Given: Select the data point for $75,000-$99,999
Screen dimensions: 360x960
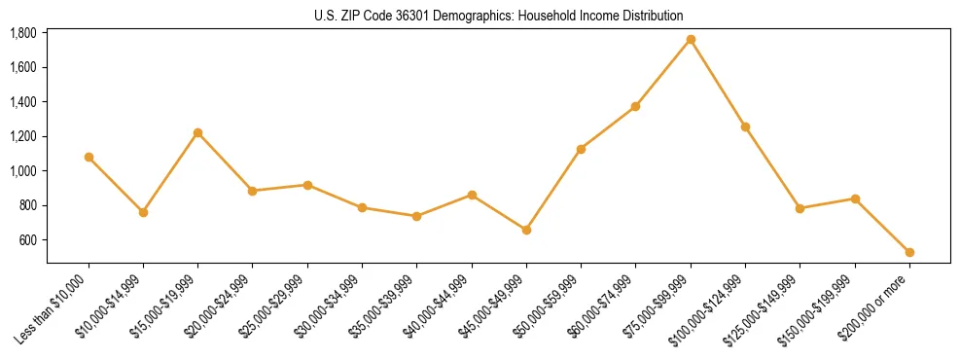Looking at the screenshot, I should click(x=691, y=40).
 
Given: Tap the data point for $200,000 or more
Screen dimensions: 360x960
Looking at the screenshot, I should click(x=909, y=252).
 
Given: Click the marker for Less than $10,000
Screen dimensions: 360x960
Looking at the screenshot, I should click(x=89, y=157).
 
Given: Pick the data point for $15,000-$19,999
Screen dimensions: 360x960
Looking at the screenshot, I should click(x=198, y=132).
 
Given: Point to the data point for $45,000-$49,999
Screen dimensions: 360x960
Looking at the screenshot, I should click(x=526, y=230).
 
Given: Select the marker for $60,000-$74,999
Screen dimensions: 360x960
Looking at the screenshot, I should click(x=635, y=106).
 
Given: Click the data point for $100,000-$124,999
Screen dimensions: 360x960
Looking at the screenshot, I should click(x=745, y=126).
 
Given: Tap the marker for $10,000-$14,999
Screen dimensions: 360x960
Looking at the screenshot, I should click(x=144, y=212).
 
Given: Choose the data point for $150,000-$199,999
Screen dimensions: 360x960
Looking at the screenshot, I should click(x=855, y=198).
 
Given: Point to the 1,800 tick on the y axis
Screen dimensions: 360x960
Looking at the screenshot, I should click(x=23, y=33).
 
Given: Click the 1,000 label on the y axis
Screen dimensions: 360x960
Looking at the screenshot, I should click(x=23, y=171).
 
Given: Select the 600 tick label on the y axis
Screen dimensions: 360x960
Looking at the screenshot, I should click(x=28, y=240).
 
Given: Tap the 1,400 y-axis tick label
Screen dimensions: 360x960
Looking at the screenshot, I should click(x=23, y=102).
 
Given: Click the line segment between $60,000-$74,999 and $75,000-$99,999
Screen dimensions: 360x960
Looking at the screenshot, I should click(x=663, y=73).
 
